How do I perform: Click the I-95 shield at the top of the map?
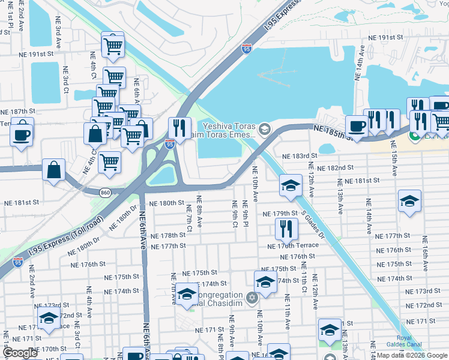coord(247,49)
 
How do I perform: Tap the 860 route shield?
coord(106,192)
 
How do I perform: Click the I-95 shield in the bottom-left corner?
coord(19,262)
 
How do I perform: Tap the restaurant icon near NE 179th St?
coord(286,228)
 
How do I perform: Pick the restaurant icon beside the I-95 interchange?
coord(179,127)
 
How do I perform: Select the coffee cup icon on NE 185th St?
coord(357,127)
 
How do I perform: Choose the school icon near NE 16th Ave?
coord(409,201)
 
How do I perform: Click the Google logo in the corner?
coord(20,353)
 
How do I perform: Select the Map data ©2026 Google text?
coord(411,355)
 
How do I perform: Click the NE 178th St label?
coord(169,236)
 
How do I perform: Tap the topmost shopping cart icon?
coord(112,44)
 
